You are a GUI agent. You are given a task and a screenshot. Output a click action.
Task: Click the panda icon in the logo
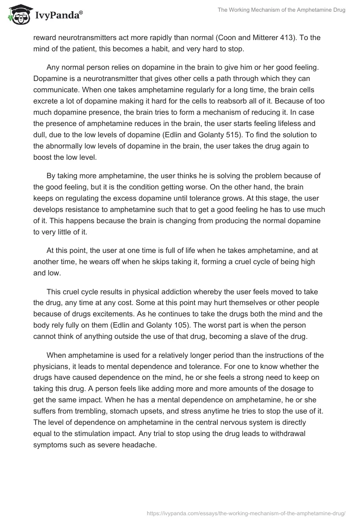point(18,15)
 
